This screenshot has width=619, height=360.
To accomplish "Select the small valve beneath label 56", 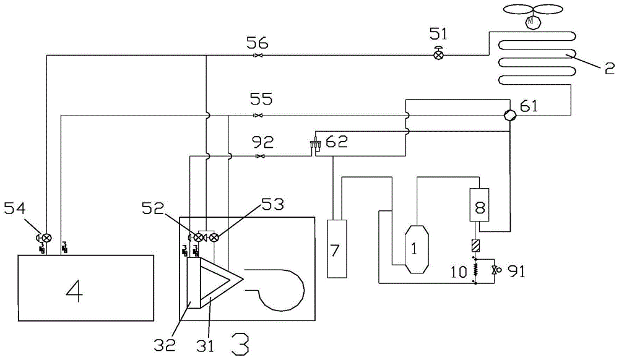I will [259, 56].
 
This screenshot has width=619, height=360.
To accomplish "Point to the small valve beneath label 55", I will [259, 116].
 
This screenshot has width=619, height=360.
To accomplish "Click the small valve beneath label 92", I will [259, 156].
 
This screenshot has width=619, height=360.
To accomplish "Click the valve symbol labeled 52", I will [199, 237].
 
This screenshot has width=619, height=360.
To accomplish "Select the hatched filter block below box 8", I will [475, 245].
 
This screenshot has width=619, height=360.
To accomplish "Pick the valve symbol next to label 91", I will [494, 270].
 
